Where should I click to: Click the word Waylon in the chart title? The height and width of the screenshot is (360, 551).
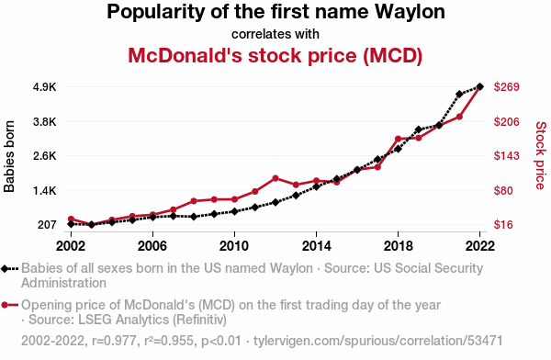pos(410,12)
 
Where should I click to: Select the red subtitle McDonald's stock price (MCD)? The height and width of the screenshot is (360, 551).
pos(275,55)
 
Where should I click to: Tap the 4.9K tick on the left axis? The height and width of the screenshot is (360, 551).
pos(45,87)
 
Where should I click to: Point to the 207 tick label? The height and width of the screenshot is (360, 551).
pos(47,224)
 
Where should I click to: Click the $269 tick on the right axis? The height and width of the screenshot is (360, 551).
pos(506,87)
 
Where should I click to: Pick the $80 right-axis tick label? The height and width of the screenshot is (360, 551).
pos(503,190)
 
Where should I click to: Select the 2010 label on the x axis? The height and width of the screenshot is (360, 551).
pos(234,246)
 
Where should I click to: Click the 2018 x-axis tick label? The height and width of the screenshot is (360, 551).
pos(399,246)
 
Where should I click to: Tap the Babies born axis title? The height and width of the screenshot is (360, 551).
pos(9,156)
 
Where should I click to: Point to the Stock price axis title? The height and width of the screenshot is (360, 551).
pos(541,155)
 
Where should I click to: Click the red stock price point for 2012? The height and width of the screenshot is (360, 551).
pos(275,178)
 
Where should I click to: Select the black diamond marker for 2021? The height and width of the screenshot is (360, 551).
pos(459,94)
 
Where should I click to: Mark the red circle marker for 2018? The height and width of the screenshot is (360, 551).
pos(399,139)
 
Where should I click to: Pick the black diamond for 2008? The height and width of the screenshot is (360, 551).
pos(194,217)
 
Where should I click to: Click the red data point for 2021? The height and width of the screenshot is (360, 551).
pos(459,117)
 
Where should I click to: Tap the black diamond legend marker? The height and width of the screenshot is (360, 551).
pos(5,269)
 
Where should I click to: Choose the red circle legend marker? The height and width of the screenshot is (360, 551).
pos(5,305)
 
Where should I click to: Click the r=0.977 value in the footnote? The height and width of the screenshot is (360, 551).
pos(114,341)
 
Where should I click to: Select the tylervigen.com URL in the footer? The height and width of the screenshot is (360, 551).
pos(377,341)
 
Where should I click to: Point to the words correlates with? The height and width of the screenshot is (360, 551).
pos(275,34)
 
